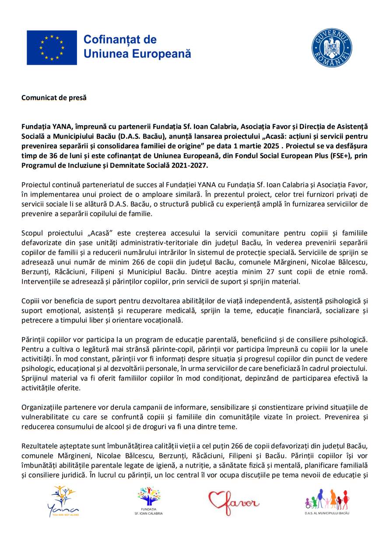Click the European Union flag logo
pyautogui.click(x=52, y=48)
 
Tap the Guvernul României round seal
pyautogui.click(x=332, y=48)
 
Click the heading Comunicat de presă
pyautogui.click(x=54, y=98)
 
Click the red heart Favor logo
pyautogui.click(x=233, y=502)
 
